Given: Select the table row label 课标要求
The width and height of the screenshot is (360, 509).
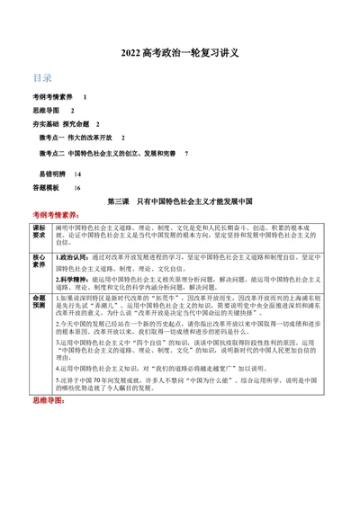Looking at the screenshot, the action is (39, 233).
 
